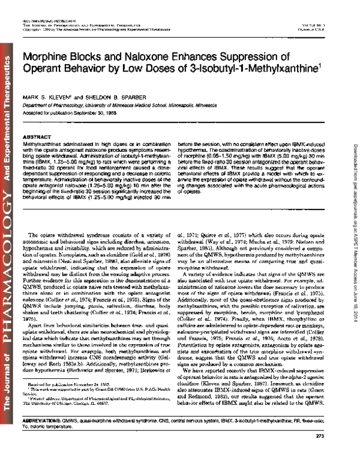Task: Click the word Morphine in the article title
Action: [x=46, y=57]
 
